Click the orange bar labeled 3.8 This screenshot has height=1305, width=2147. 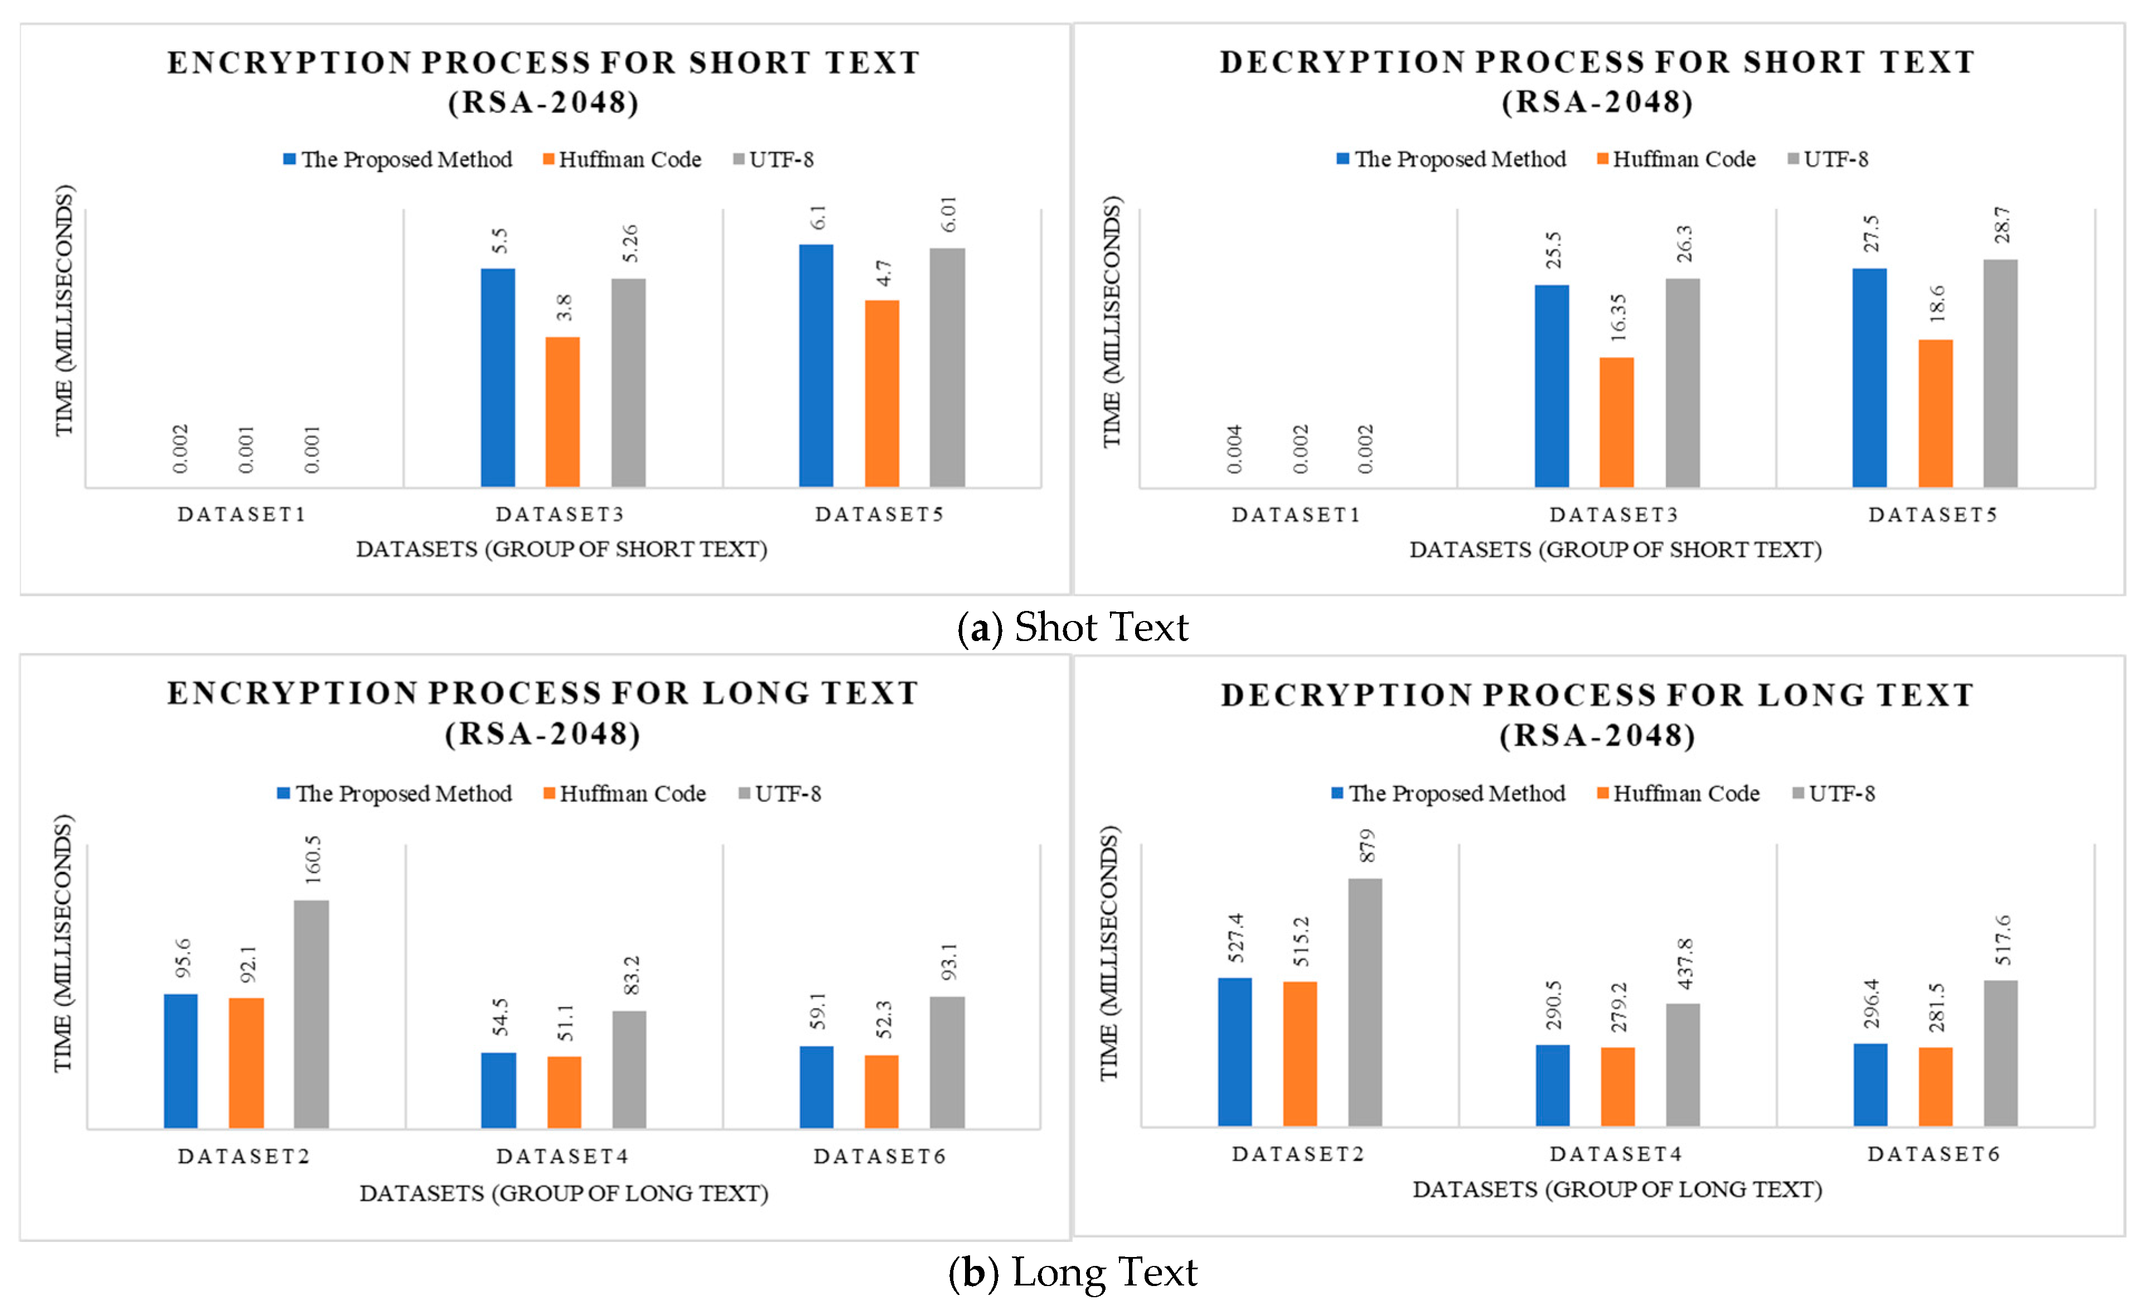click(x=562, y=411)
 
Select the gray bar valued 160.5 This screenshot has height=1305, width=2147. click(x=311, y=1014)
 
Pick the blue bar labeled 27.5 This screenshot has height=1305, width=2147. click(x=1869, y=378)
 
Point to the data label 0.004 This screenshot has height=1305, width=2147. click(x=1234, y=449)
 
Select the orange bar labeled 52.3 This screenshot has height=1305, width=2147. click(x=881, y=1091)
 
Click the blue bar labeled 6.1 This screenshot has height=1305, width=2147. click(x=816, y=365)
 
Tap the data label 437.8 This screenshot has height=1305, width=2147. click(x=1684, y=964)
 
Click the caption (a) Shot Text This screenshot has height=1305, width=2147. click(x=1073, y=627)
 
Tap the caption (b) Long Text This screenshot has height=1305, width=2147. click(x=1073, y=1272)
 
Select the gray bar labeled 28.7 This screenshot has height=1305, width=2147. click(x=2000, y=373)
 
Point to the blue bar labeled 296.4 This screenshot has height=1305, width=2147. click(x=1870, y=1085)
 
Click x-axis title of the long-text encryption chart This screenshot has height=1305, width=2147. click(x=564, y=1192)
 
